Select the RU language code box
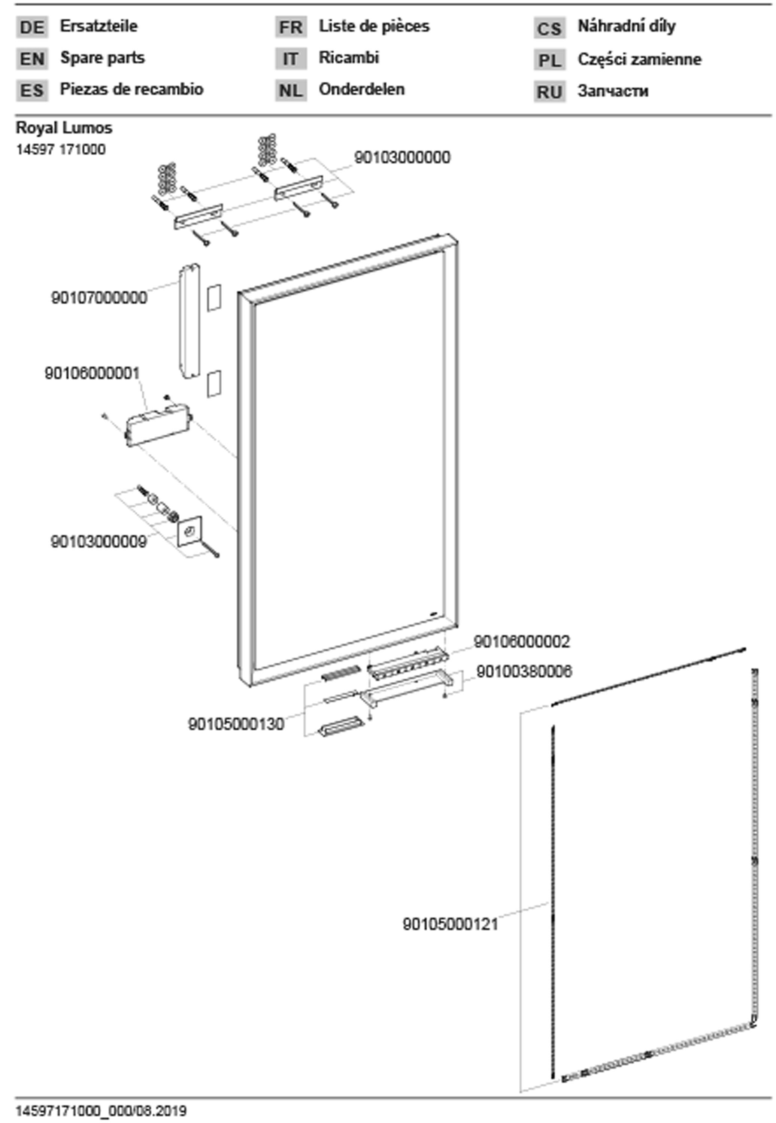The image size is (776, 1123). [549, 91]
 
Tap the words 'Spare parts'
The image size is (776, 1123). [102, 58]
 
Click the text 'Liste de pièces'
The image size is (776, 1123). [374, 26]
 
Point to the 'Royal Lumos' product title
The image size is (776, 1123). [64, 128]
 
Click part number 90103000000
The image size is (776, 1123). [402, 158]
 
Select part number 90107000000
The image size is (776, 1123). [99, 297]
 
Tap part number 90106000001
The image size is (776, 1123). [92, 373]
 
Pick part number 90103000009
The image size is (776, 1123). [98, 541]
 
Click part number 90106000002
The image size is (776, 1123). [521, 642]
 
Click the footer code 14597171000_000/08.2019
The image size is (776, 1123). [101, 1111]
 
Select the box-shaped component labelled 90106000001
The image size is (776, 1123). [157, 423]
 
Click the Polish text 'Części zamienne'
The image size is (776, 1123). [639, 59]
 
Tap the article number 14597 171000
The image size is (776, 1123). [61, 149]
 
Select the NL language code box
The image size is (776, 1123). [290, 90]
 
